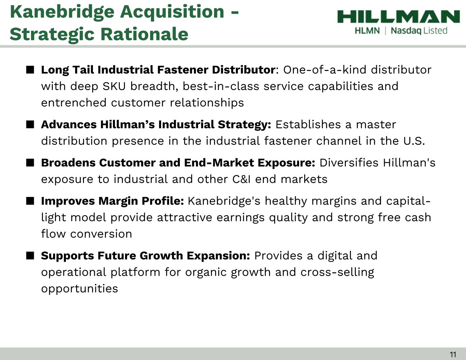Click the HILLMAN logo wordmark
398,16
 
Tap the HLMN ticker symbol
367,31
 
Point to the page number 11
453,355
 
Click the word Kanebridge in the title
62,12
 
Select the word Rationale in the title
144,34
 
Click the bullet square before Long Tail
30,70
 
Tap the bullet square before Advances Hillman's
30,125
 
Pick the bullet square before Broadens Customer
30,163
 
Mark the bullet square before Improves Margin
30,201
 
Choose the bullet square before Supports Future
30,256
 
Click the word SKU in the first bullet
114,86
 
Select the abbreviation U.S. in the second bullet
414,141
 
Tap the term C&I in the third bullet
241,179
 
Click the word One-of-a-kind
325,70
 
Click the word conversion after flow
101,234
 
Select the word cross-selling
337,272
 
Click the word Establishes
308,125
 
